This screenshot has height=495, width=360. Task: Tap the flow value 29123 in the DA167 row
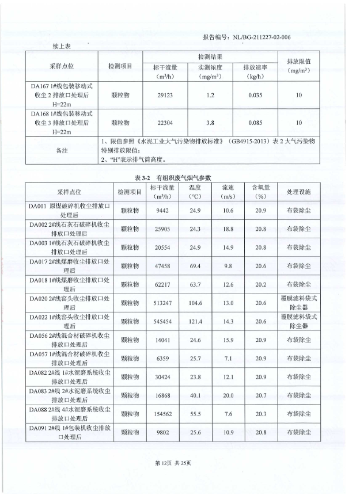(x=164, y=94)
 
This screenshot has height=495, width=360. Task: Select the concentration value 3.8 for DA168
(x=210, y=123)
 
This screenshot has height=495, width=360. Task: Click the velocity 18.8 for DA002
(x=228, y=229)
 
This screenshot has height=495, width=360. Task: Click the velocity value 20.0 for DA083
(x=228, y=395)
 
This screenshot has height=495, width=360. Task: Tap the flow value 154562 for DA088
(x=164, y=414)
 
